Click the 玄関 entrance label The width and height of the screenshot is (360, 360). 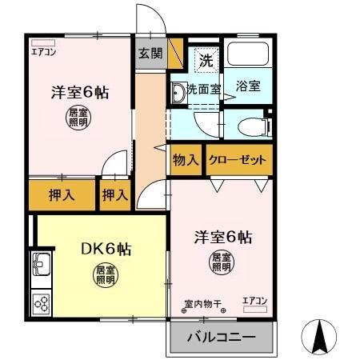click(x=150, y=54)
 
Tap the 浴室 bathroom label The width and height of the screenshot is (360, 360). click(x=247, y=86)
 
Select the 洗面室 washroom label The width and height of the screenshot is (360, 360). click(x=204, y=89)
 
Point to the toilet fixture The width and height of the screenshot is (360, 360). click(x=250, y=125)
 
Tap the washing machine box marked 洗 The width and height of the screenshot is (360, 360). click(x=205, y=59)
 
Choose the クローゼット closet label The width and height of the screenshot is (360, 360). click(x=238, y=160)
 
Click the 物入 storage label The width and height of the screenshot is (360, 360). click(x=186, y=160)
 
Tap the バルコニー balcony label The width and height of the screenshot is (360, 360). click(x=221, y=337)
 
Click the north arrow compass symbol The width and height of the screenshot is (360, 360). click(x=321, y=336)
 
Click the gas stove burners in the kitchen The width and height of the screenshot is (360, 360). click(x=41, y=303)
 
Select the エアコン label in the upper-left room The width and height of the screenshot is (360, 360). click(x=43, y=52)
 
